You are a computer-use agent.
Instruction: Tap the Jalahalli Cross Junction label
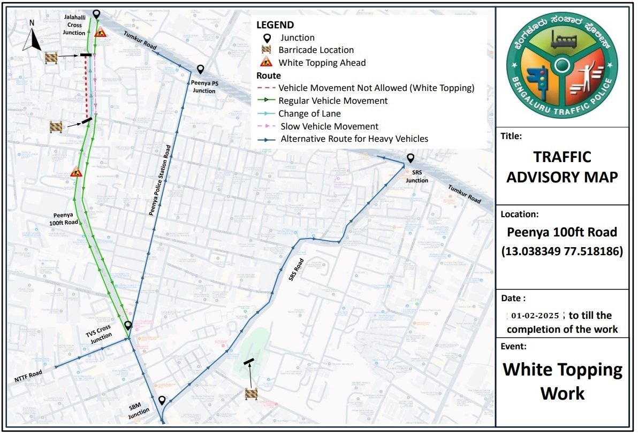click(x=74, y=25)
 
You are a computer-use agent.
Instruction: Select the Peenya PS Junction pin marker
click(x=200, y=70)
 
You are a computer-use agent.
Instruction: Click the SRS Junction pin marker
click(x=410, y=158)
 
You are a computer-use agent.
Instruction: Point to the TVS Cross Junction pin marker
click(x=128, y=325)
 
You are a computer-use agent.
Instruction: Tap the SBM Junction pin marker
click(x=162, y=400)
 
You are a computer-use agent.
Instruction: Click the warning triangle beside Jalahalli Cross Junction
click(x=100, y=32)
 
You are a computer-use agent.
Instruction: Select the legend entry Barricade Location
click(x=316, y=50)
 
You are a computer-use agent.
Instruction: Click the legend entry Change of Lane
click(x=309, y=113)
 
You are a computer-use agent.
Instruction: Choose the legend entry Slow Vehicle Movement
click(x=329, y=126)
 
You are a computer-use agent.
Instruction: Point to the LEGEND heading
click(x=275, y=25)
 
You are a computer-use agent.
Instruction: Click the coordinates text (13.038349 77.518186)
click(x=562, y=251)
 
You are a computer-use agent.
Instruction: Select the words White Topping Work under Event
click(x=562, y=381)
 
